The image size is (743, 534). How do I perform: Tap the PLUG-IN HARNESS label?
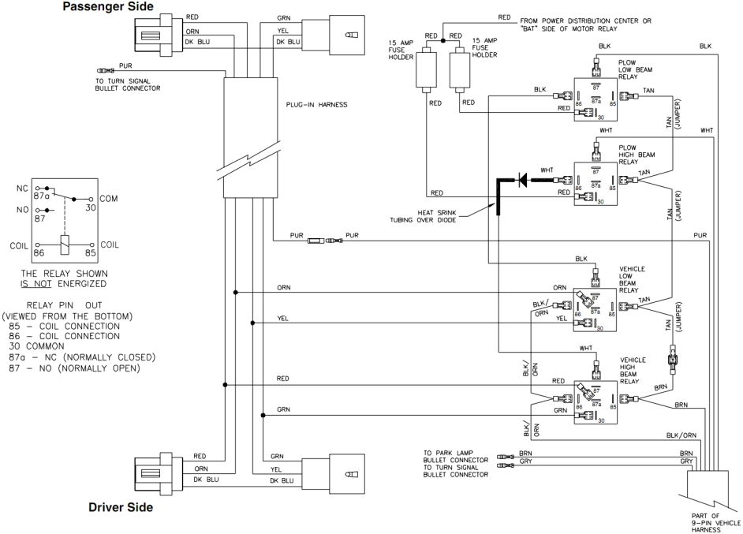(x=318, y=103)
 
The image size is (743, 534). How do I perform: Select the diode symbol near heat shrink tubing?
(x=521, y=181)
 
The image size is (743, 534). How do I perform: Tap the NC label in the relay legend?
(x=21, y=189)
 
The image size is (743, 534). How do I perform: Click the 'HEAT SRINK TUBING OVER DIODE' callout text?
(x=431, y=216)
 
